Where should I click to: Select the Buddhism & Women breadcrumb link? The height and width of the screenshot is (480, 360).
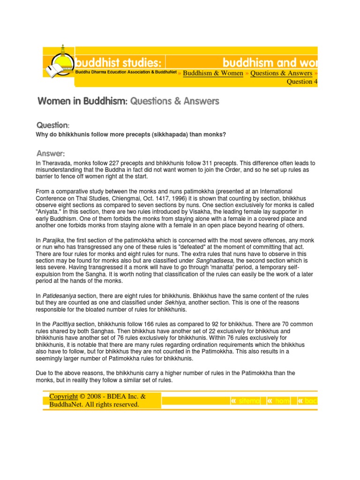point(213,73)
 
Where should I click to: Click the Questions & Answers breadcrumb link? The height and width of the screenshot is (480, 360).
point(281,73)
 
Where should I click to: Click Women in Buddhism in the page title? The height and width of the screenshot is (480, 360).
point(82,101)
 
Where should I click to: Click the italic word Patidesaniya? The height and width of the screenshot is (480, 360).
point(58,296)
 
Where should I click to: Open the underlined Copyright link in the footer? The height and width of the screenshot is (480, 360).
point(64,397)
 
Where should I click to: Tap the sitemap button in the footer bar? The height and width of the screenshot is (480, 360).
point(245,401)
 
